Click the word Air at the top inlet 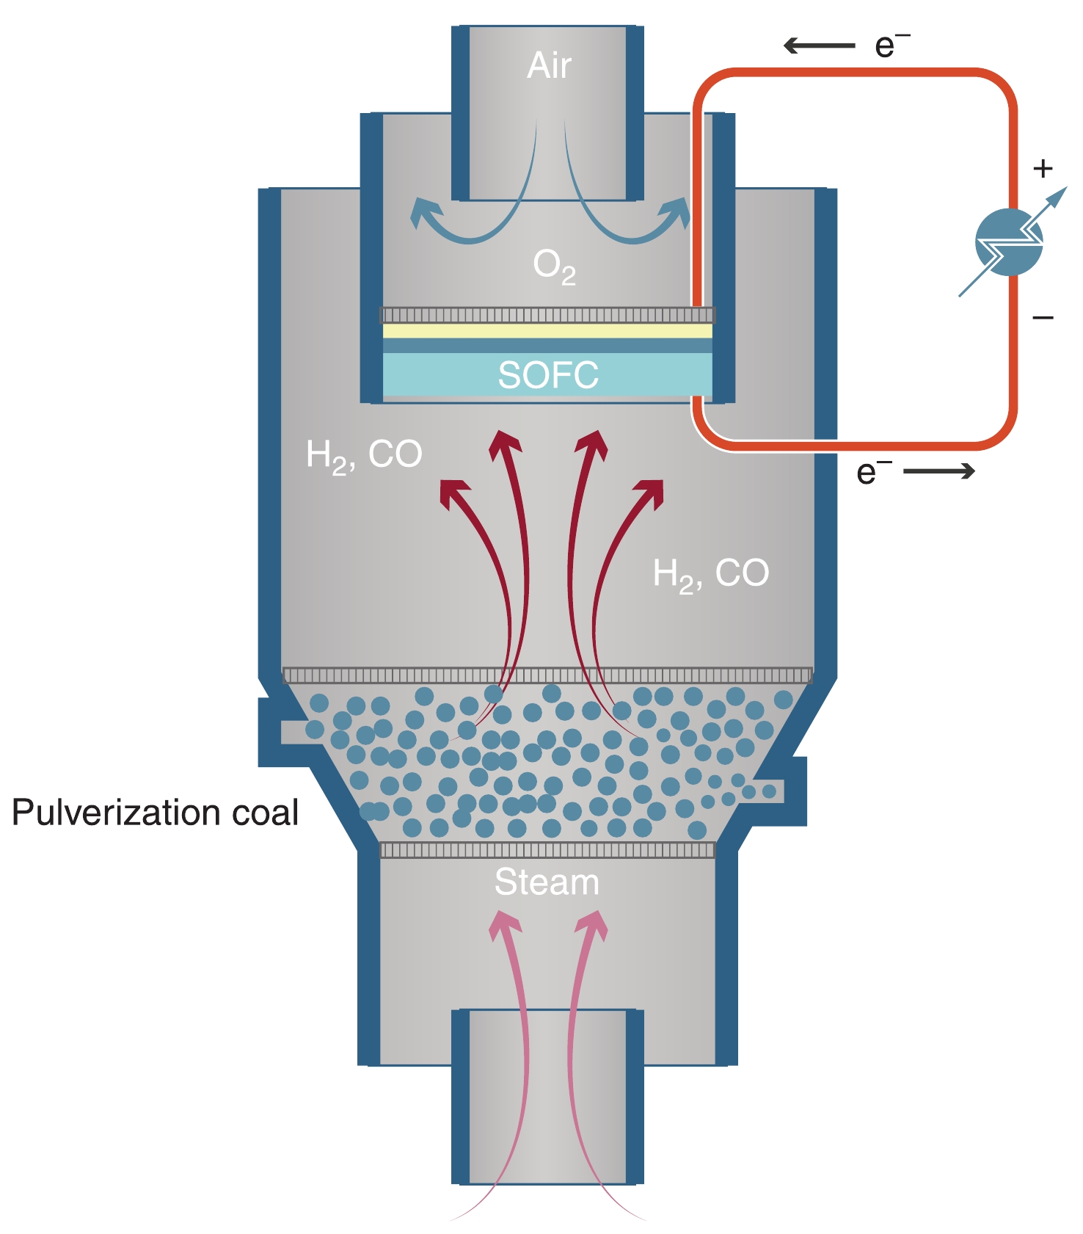[549, 66]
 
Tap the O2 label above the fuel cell [554, 266]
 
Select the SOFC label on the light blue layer [548, 375]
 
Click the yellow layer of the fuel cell [547, 331]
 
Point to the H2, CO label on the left [364, 455]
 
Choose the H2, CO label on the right [710, 574]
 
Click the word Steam [547, 882]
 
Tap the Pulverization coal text [155, 813]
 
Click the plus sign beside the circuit [1043, 169]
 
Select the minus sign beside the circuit [1043, 318]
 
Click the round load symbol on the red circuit [1009, 242]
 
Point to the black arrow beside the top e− [819, 46]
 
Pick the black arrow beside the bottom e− [939, 471]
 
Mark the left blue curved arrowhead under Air [424, 212]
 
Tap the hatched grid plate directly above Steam [547, 850]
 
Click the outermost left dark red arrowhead [453, 492]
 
